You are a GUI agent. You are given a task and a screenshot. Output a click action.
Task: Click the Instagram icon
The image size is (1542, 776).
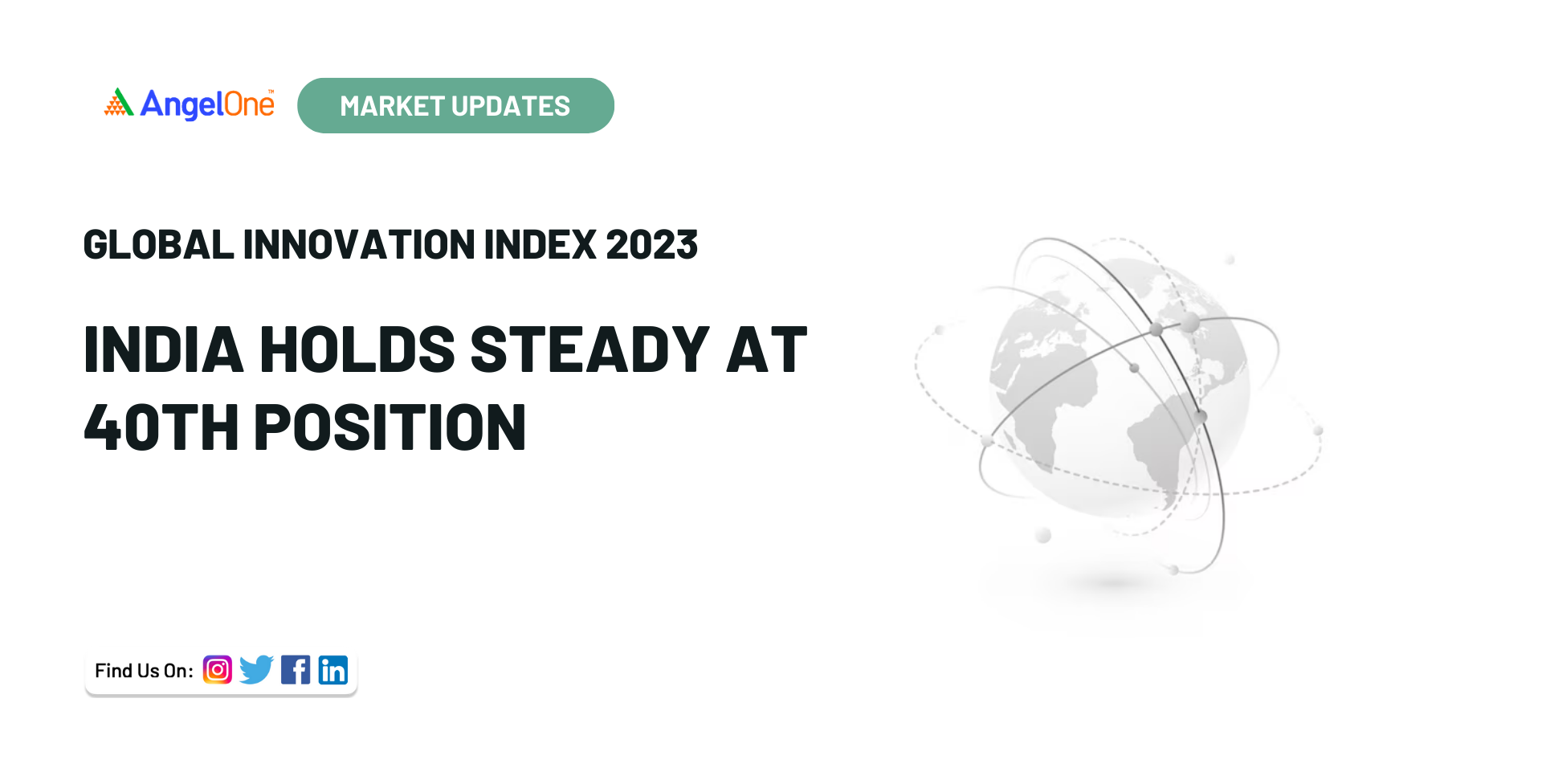pos(218,669)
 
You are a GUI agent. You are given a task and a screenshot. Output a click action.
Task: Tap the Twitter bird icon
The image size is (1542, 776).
pos(257,669)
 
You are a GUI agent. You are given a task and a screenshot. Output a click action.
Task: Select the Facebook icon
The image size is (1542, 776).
pos(296,669)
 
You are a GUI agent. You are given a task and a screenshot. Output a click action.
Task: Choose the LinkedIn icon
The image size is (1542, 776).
pos(333,669)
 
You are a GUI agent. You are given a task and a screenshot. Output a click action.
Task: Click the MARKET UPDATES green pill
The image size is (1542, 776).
pos(455,105)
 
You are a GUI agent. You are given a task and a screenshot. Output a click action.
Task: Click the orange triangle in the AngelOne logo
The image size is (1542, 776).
pos(119,103)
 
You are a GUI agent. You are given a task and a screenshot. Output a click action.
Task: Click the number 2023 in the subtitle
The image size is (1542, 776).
pos(652,244)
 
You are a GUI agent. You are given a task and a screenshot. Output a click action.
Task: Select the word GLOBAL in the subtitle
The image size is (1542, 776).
pos(158,244)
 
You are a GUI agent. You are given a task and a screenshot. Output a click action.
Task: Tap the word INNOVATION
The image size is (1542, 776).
pos(359,244)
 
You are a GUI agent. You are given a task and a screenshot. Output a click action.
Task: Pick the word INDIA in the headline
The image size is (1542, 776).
pos(164,350)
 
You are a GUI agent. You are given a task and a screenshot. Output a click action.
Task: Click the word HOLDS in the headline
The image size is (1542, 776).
pos(357,350)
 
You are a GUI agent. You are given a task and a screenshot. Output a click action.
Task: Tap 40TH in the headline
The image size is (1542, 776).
pos(161,427)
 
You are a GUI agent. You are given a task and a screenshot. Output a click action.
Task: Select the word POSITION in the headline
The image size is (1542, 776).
pos(390,427)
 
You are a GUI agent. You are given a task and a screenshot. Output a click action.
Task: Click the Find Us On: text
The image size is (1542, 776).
pos(144,671)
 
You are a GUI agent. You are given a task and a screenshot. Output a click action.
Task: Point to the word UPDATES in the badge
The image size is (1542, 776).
pos(511,106)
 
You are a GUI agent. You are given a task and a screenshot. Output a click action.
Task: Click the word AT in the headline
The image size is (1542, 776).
pos(767,350)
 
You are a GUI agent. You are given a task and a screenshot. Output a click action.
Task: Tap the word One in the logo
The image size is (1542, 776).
pos(249,104)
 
